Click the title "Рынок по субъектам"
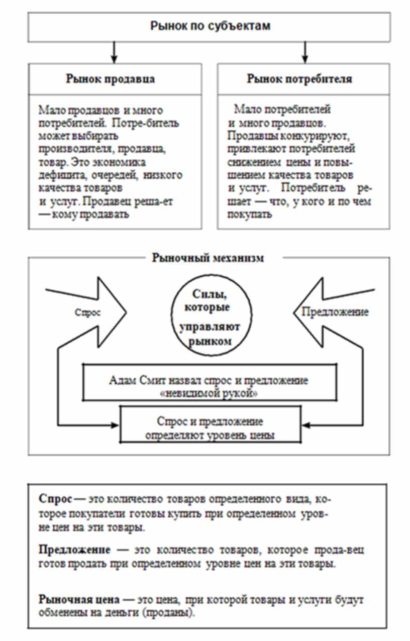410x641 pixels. click(210, 26)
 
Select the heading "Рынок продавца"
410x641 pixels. click(110, 79)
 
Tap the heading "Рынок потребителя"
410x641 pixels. click(299, 79)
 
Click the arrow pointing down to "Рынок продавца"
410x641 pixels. click(115, 52)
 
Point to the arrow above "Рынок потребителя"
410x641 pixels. click(305, 52)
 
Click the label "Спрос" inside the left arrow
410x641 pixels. click(88, 312)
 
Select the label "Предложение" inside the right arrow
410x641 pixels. click(335, 312)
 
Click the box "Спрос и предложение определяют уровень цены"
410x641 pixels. click(211, 428)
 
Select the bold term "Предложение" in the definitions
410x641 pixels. click(69, 550)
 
